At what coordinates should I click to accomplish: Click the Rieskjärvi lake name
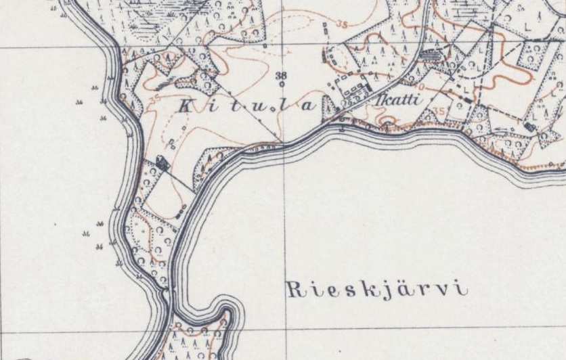(x=378, y=290)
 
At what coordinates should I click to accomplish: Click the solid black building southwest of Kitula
(x=161, y=162)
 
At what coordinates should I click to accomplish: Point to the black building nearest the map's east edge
(x=530, y=127)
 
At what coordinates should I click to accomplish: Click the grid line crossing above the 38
(x=282, y=47)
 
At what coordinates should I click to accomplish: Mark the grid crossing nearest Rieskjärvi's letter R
(x=284, y=330)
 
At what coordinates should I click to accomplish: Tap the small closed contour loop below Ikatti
(x=387, y=122)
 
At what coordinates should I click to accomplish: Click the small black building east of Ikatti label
(x=464, y=99)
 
